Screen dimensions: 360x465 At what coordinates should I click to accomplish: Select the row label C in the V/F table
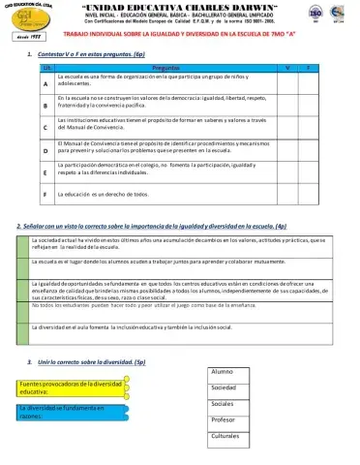pos(45,128)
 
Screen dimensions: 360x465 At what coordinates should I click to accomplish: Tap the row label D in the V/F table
pos(45,151)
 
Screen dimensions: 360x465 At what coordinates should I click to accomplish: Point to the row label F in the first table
pos(45,194)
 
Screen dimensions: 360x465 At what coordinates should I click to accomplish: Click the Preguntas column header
pos(165,68)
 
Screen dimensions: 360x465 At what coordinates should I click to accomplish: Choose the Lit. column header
pos(45,68)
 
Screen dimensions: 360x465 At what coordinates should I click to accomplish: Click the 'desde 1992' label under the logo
pos(27,36)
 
